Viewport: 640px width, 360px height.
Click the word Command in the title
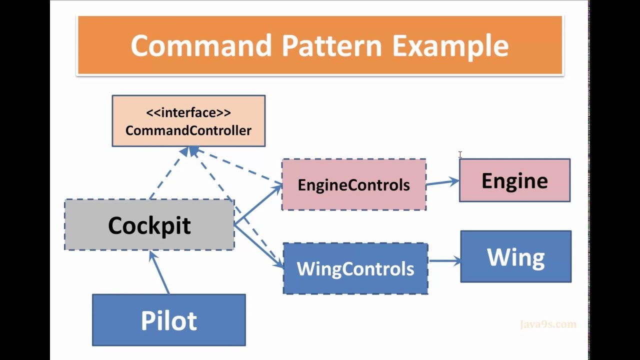(x=202, y=45)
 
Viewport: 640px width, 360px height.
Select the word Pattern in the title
(x=331, y=45)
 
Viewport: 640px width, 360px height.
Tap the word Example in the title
(x=450, y=46)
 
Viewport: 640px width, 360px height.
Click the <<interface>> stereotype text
(x=188, y=112)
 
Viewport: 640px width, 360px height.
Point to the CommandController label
(x=188, y=131)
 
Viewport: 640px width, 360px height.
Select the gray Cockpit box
(x=149, y=225)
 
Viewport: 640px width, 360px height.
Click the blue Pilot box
(x=169, y=320)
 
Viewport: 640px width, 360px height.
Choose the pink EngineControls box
(x=354, y=185)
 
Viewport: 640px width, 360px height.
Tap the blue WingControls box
(x=355, y=269)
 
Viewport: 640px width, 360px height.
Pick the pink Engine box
(x=514, y=180)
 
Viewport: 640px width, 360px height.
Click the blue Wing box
(x=515, y=256)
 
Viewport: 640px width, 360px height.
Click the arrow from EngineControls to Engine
(x=442, y=182)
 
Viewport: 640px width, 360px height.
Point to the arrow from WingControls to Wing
(x=444, y=260)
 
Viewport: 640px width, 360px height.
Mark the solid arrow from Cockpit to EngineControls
(x=257, y=204)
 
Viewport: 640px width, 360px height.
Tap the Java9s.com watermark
(x=548, y=324)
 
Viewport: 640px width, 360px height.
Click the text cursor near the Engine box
(x=460, y=155)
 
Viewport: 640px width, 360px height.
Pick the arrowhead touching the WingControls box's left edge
(x=278, y=263)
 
